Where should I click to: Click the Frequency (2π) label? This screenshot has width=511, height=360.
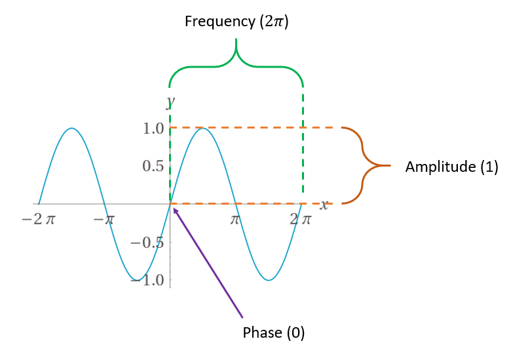pyautogui.click(x=237, y=21)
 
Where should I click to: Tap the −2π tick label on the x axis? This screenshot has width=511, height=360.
pyautogui.click(x=38, y=219)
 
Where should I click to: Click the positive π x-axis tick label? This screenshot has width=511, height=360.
pyautogui.click(x=236, y=219)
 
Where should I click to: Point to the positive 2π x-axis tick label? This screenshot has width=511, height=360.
pyautogui.click(x=301, y=219)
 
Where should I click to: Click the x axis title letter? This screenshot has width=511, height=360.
pyautogui.click(x=324, y=205)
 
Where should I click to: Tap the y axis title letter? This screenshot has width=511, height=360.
pyautogui.click(x=170, y=100)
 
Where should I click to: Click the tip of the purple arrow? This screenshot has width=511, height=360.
pyautogui.click(x=173, y=207)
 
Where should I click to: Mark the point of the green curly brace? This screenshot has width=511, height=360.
pyautogui.click(x=236, y=41)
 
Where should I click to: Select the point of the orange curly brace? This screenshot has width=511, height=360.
pyautogui.click(x=390, y=165)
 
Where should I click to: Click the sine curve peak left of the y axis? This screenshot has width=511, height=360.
pyautogui.click(x=71, y=128)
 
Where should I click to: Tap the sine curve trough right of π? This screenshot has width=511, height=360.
pyautogui.click(x=269, y=280)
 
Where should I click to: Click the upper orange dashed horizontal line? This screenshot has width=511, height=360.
pyautogui.click(x=262, y=127)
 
